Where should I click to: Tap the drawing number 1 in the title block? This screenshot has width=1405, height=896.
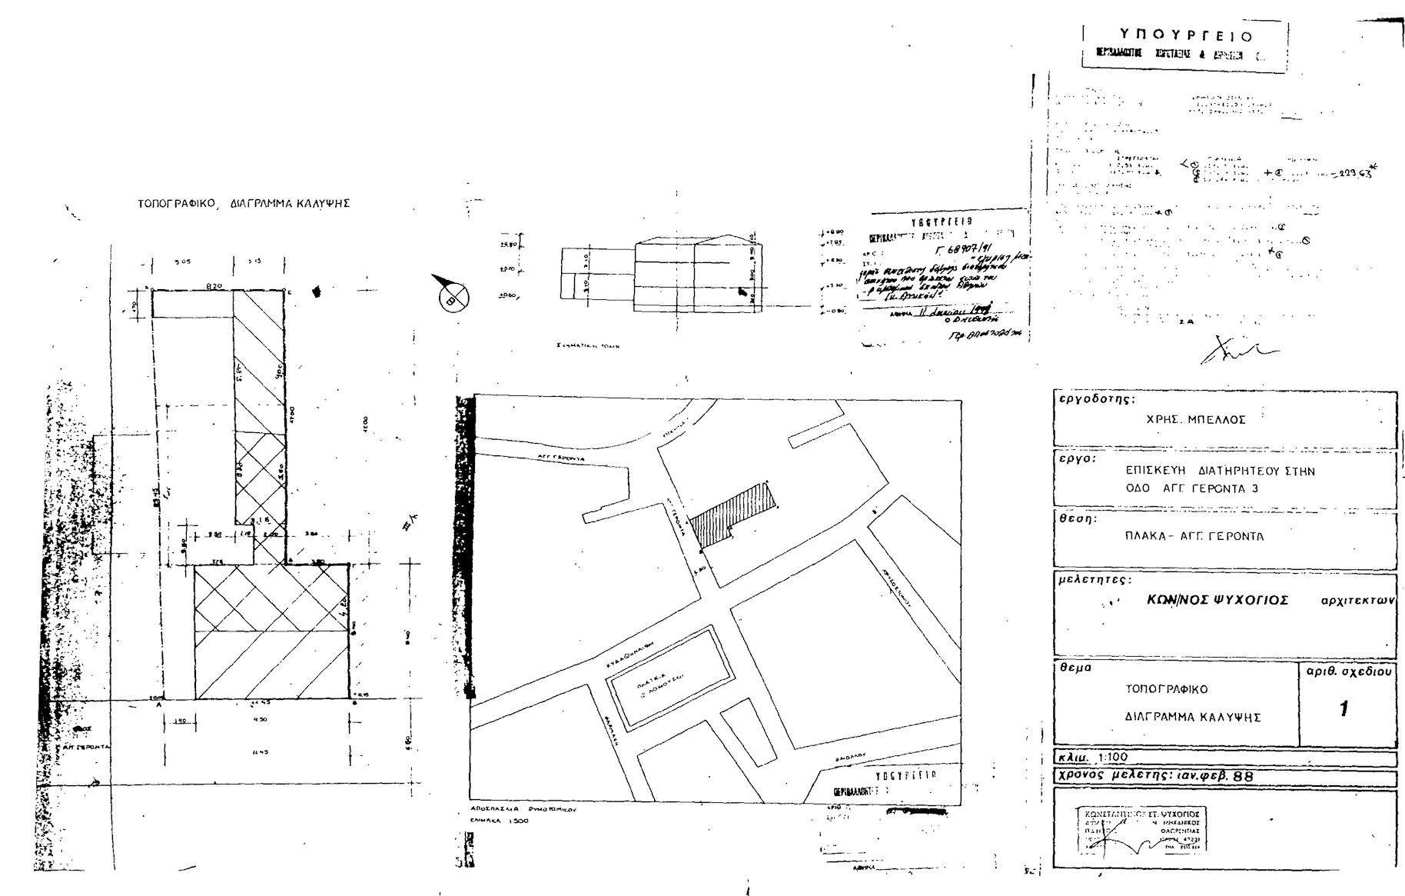[1343, 708]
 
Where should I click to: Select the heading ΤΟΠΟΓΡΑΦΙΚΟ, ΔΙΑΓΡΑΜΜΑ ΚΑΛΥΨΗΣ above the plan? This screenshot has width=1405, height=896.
[244, 204]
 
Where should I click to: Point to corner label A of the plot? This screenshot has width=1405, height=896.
[159, 704]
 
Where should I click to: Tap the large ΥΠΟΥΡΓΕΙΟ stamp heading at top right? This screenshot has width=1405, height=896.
[1185, 36]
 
